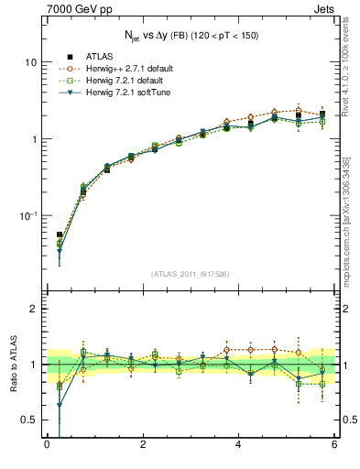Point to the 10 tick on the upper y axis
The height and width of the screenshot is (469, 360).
pos(30,62)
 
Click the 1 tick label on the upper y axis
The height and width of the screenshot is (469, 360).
pos(33,139)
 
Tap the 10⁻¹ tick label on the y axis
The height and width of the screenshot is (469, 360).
pos(28,215)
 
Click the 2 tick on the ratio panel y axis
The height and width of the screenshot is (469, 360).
pos(33,309)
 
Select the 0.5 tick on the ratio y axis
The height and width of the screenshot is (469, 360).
pos(28,420)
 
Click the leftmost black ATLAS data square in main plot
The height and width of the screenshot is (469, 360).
pos(60,235)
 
